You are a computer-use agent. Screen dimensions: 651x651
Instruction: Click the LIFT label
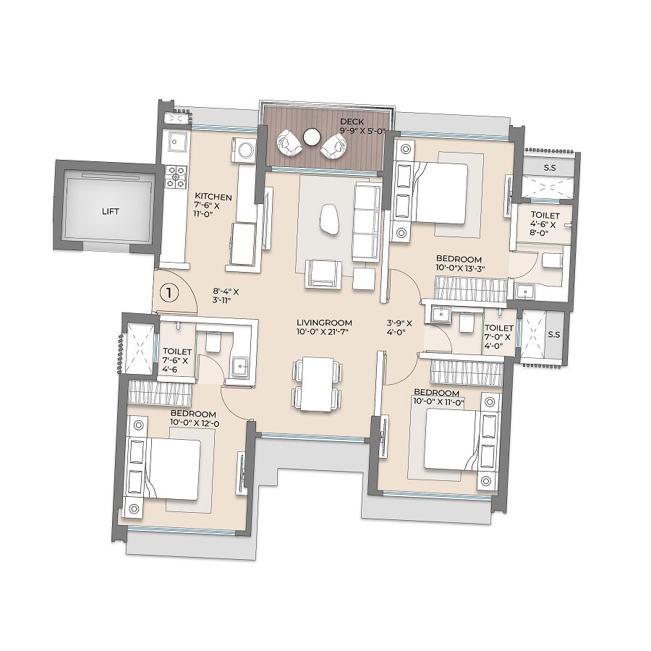coord(110,211)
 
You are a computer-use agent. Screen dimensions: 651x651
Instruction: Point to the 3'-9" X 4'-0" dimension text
coord(398,328)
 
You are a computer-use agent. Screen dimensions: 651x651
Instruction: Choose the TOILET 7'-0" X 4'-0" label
coord(498,332)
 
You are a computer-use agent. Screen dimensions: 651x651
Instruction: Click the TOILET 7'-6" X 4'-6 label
coord(176,359)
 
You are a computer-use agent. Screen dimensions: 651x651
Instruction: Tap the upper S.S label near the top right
coord(549,168)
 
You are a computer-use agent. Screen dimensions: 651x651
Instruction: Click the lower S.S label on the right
coord(555,335)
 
